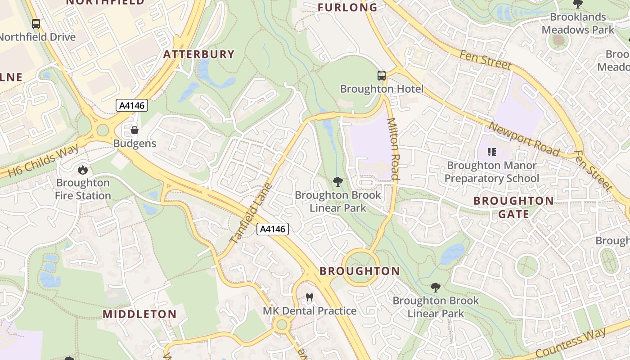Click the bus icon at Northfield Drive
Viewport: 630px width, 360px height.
(36, 24)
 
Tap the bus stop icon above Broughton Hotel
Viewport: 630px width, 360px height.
(382, 76)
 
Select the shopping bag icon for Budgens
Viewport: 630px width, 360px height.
(134, 130)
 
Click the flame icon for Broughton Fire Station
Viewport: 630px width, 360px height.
(82, 170)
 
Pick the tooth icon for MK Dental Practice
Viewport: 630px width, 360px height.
(309, 297)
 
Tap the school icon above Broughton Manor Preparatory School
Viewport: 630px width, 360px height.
(491, 152)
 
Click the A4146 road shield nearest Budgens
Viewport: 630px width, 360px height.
(131, 105)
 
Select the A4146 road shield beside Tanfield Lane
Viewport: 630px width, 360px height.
(273, 229)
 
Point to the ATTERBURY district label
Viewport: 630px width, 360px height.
(199, 54)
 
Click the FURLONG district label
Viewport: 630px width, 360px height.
(347, 7)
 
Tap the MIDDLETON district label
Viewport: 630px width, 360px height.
(139, 314)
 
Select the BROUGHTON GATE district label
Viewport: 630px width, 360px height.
(513, 207)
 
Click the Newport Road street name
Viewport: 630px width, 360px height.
(524, 139)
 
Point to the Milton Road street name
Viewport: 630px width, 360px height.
(393, 148)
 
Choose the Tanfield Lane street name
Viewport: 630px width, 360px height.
(251, 213)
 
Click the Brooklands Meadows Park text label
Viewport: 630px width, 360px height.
(578, 23)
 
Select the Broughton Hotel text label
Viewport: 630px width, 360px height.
(382, 89)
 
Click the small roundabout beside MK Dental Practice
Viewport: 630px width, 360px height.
(282, 324)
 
